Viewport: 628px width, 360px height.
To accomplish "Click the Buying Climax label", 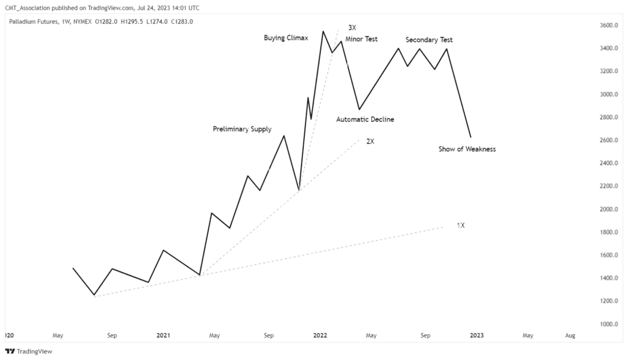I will click(x=285, y=38).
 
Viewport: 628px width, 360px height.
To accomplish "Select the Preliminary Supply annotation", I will click(x=242, y=130).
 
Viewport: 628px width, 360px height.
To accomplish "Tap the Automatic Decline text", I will click(x=365, y=120).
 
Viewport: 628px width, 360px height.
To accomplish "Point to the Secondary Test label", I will click(x=429, y=40).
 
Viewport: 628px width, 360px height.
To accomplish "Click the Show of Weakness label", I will click(x=466, y=149).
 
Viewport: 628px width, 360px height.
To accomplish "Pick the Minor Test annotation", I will click(x=361, y=39).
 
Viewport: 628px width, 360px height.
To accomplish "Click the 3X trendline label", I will click(x=352, y=27).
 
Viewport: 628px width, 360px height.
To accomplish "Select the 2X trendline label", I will click(x=370, y=141).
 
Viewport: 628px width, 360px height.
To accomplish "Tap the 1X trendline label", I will click(x=460, y=225).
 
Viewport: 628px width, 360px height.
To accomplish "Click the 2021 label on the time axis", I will click(x=163, y=335).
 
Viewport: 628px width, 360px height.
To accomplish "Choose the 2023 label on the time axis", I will click(x=476, y=335).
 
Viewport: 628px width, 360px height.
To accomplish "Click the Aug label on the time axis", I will click(x=570, y=335).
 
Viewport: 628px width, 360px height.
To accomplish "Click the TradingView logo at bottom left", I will click(x=29, y=351).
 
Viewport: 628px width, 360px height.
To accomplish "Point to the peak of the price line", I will click(x=323, y=31).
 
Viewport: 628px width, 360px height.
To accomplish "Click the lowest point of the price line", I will click(x=94, y=295).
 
